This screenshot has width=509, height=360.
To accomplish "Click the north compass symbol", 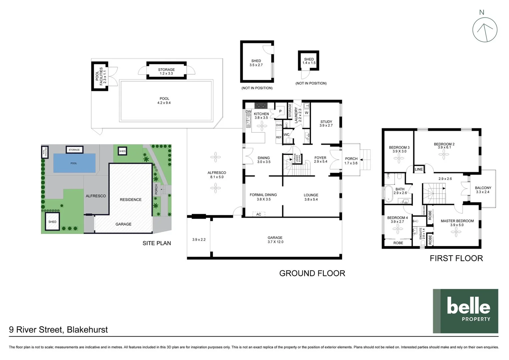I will [485, 30].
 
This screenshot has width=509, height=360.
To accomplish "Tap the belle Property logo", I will [465, 311].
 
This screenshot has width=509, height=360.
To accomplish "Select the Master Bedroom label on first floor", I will [457, 223].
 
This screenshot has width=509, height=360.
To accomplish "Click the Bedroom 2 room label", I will [444, 146].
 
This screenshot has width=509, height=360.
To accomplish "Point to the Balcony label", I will [483, 190].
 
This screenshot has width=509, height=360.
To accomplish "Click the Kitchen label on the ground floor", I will [261, 116].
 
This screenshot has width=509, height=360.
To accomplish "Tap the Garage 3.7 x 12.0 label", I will [275, 240].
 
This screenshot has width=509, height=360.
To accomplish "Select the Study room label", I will [326, 124].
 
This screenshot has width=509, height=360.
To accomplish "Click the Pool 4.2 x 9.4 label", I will [164, 101].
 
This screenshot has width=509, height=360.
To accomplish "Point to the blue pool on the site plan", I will [74, 163].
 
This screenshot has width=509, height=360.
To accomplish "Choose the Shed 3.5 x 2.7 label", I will [256, 63].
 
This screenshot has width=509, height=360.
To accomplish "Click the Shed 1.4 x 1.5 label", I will [309, 61].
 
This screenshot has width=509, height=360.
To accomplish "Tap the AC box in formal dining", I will [259, 214].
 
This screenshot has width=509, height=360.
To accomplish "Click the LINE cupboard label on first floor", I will [419, 169].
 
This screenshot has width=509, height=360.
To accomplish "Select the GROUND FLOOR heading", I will [312, 273].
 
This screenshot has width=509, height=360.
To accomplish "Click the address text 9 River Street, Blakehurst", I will [58, 330].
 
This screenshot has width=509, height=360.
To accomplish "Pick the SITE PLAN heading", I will [157, 243].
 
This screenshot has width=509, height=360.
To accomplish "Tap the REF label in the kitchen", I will [279, 137].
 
